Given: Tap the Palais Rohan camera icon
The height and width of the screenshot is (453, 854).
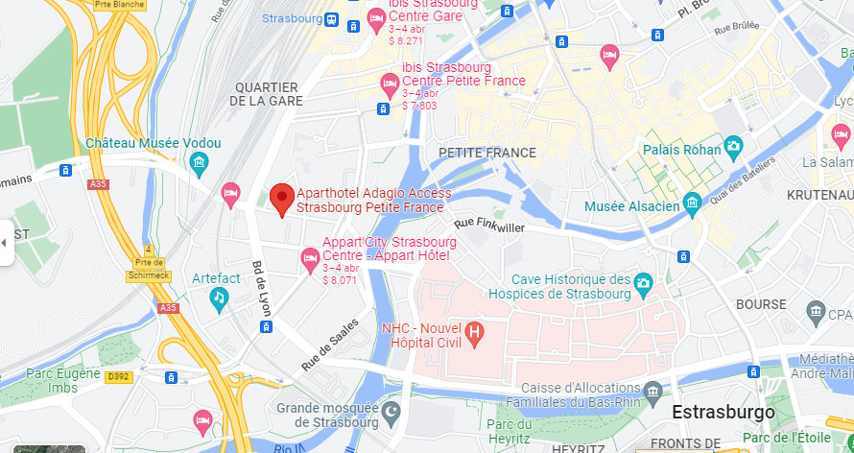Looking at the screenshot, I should tap(734, 147).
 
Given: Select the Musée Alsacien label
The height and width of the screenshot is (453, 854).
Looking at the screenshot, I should tap(632, 204).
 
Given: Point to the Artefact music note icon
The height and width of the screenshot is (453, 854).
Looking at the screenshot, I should tap(220, 298).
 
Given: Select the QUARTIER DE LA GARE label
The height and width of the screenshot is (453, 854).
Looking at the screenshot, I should tap(267, 94).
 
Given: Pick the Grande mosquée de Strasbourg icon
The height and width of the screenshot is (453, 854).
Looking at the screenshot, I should tap(391, 413).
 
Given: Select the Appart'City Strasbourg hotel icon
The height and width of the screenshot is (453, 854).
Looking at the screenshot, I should tap(310, 257).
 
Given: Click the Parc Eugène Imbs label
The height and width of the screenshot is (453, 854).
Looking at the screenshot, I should tap(63, 381).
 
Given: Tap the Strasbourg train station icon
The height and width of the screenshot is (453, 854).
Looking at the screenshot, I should tap(331, 19).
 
